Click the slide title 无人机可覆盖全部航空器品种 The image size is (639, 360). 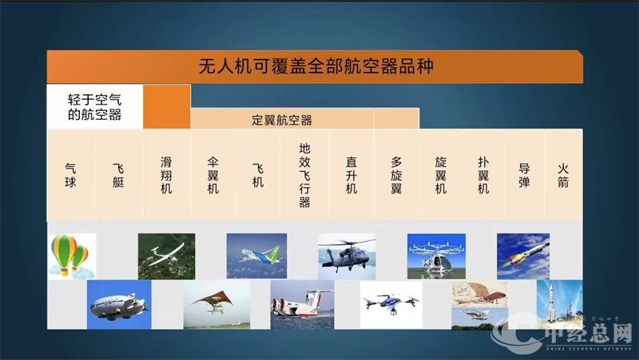pyautogui.click(x=316, y=65)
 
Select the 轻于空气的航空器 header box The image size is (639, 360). pyautogui.click(x=95, y=106)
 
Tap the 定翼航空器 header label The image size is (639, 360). pyautogui.click(x=282, y=120)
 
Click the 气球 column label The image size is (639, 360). pyautogui.click(x=71, y=175)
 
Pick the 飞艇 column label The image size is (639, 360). pyautogui.click(x=119, y=175)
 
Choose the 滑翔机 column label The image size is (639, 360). pyautogui.click(x=166, y=175)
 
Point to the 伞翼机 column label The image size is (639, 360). pyautogui.click(x=212, y=175)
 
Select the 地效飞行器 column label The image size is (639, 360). pyautogui.click(x=304, y=175)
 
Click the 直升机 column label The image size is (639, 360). pyautogui.click(x=351, y=175)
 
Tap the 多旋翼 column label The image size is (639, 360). pyautogui.click(x=396, y=175)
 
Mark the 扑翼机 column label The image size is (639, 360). pyautogui.click(x=482, y=175)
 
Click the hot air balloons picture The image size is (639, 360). pyautogui.click(x=71, y=255)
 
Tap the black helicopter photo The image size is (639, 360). pyautogui.click(x=347, y=255)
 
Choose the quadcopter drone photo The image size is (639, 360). pyautogui.click(x=391, y=304)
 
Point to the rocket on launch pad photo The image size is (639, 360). pyautogui.click(x=559, y=304)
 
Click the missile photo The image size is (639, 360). pyautogui.click(x=523, y=255)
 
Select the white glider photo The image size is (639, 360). pyautogui.click(x=166, y=255)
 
